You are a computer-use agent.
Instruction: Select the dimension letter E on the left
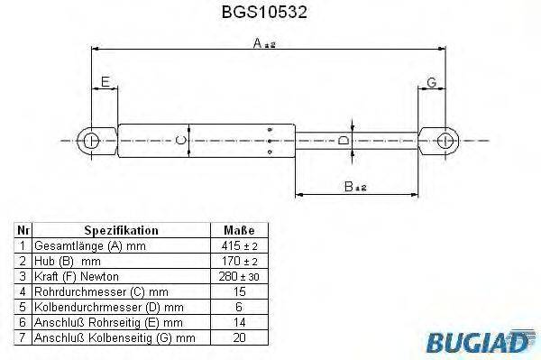tap(106, 82)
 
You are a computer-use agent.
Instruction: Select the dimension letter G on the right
tap(432, 82)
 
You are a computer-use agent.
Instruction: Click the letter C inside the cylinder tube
tap(180, 140)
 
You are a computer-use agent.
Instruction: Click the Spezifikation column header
tap(121, 230)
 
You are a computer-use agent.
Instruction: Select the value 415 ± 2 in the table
tap(239, 245)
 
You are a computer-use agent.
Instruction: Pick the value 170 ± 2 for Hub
tap(239, 261)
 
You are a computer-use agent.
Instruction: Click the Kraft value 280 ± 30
tap(239, 276)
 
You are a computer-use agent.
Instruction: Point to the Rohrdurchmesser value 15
tap(239, 291)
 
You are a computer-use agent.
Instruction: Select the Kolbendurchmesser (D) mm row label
tap(99, 307)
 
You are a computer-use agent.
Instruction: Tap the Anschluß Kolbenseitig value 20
tap(239, 337)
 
